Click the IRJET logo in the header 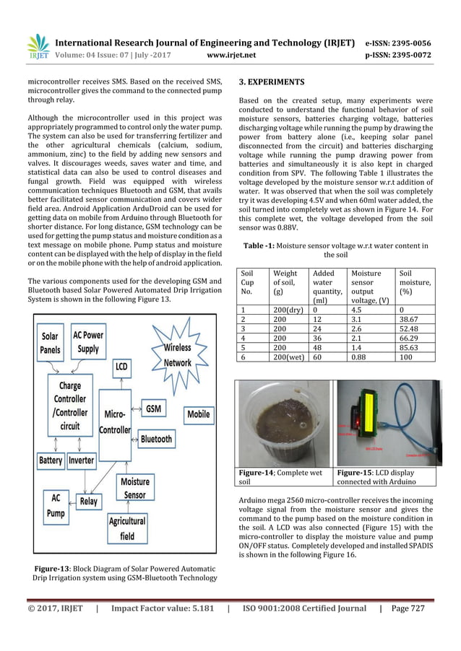pos(38,47)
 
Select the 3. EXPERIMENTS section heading pos(272,82)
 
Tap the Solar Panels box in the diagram pos(50,342)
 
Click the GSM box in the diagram pos(153,408)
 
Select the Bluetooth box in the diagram pos(156,438)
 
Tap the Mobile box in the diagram pos(199,414)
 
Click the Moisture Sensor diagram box pos(135,488)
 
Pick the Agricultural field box pos(127,528)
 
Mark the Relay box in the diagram pos(89,501)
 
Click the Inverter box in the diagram pos(82,460)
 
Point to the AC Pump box pos(56,504)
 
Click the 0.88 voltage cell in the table pos(361,356)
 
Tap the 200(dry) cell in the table pos(285,309)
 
